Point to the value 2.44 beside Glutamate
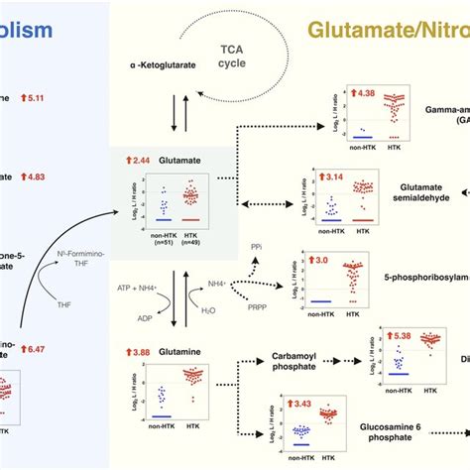[x=140, y=160]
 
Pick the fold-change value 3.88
[x=140, y=353]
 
